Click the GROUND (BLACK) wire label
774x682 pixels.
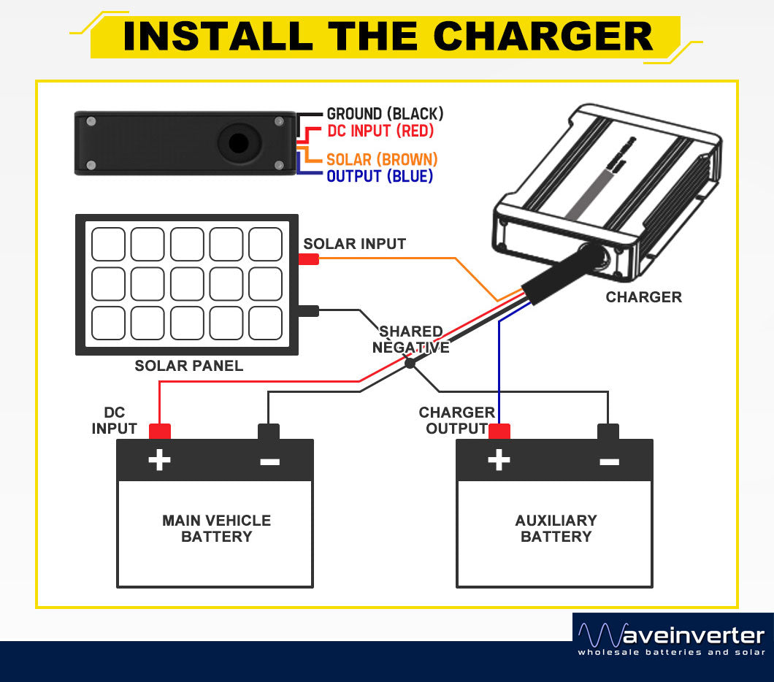click(385, 114)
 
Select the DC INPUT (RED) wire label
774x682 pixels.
click(380, 131)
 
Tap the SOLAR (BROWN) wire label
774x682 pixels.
click(382, 159)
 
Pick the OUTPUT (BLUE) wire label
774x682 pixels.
click(380, 177)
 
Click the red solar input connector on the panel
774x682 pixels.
click(308, 259)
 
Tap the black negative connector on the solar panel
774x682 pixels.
click(308, 311)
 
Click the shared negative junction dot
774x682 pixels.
click(410, 363)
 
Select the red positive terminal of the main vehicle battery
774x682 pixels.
click(159, 432)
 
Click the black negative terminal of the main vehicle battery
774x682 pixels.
click(269, 432)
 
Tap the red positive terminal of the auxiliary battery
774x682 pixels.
click(499, 432)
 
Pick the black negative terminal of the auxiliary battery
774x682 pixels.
click(608, 432)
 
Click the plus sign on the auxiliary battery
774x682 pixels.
click(499, 460)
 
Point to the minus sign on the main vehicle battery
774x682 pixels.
click(269, 461)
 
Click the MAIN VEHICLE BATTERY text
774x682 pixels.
click(216, 529)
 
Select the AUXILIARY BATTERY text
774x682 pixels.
click(556, 529)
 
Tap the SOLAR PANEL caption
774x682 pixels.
click(188, 366)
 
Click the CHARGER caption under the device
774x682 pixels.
click(643, 297)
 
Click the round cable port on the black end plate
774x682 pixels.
click(238, 142)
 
